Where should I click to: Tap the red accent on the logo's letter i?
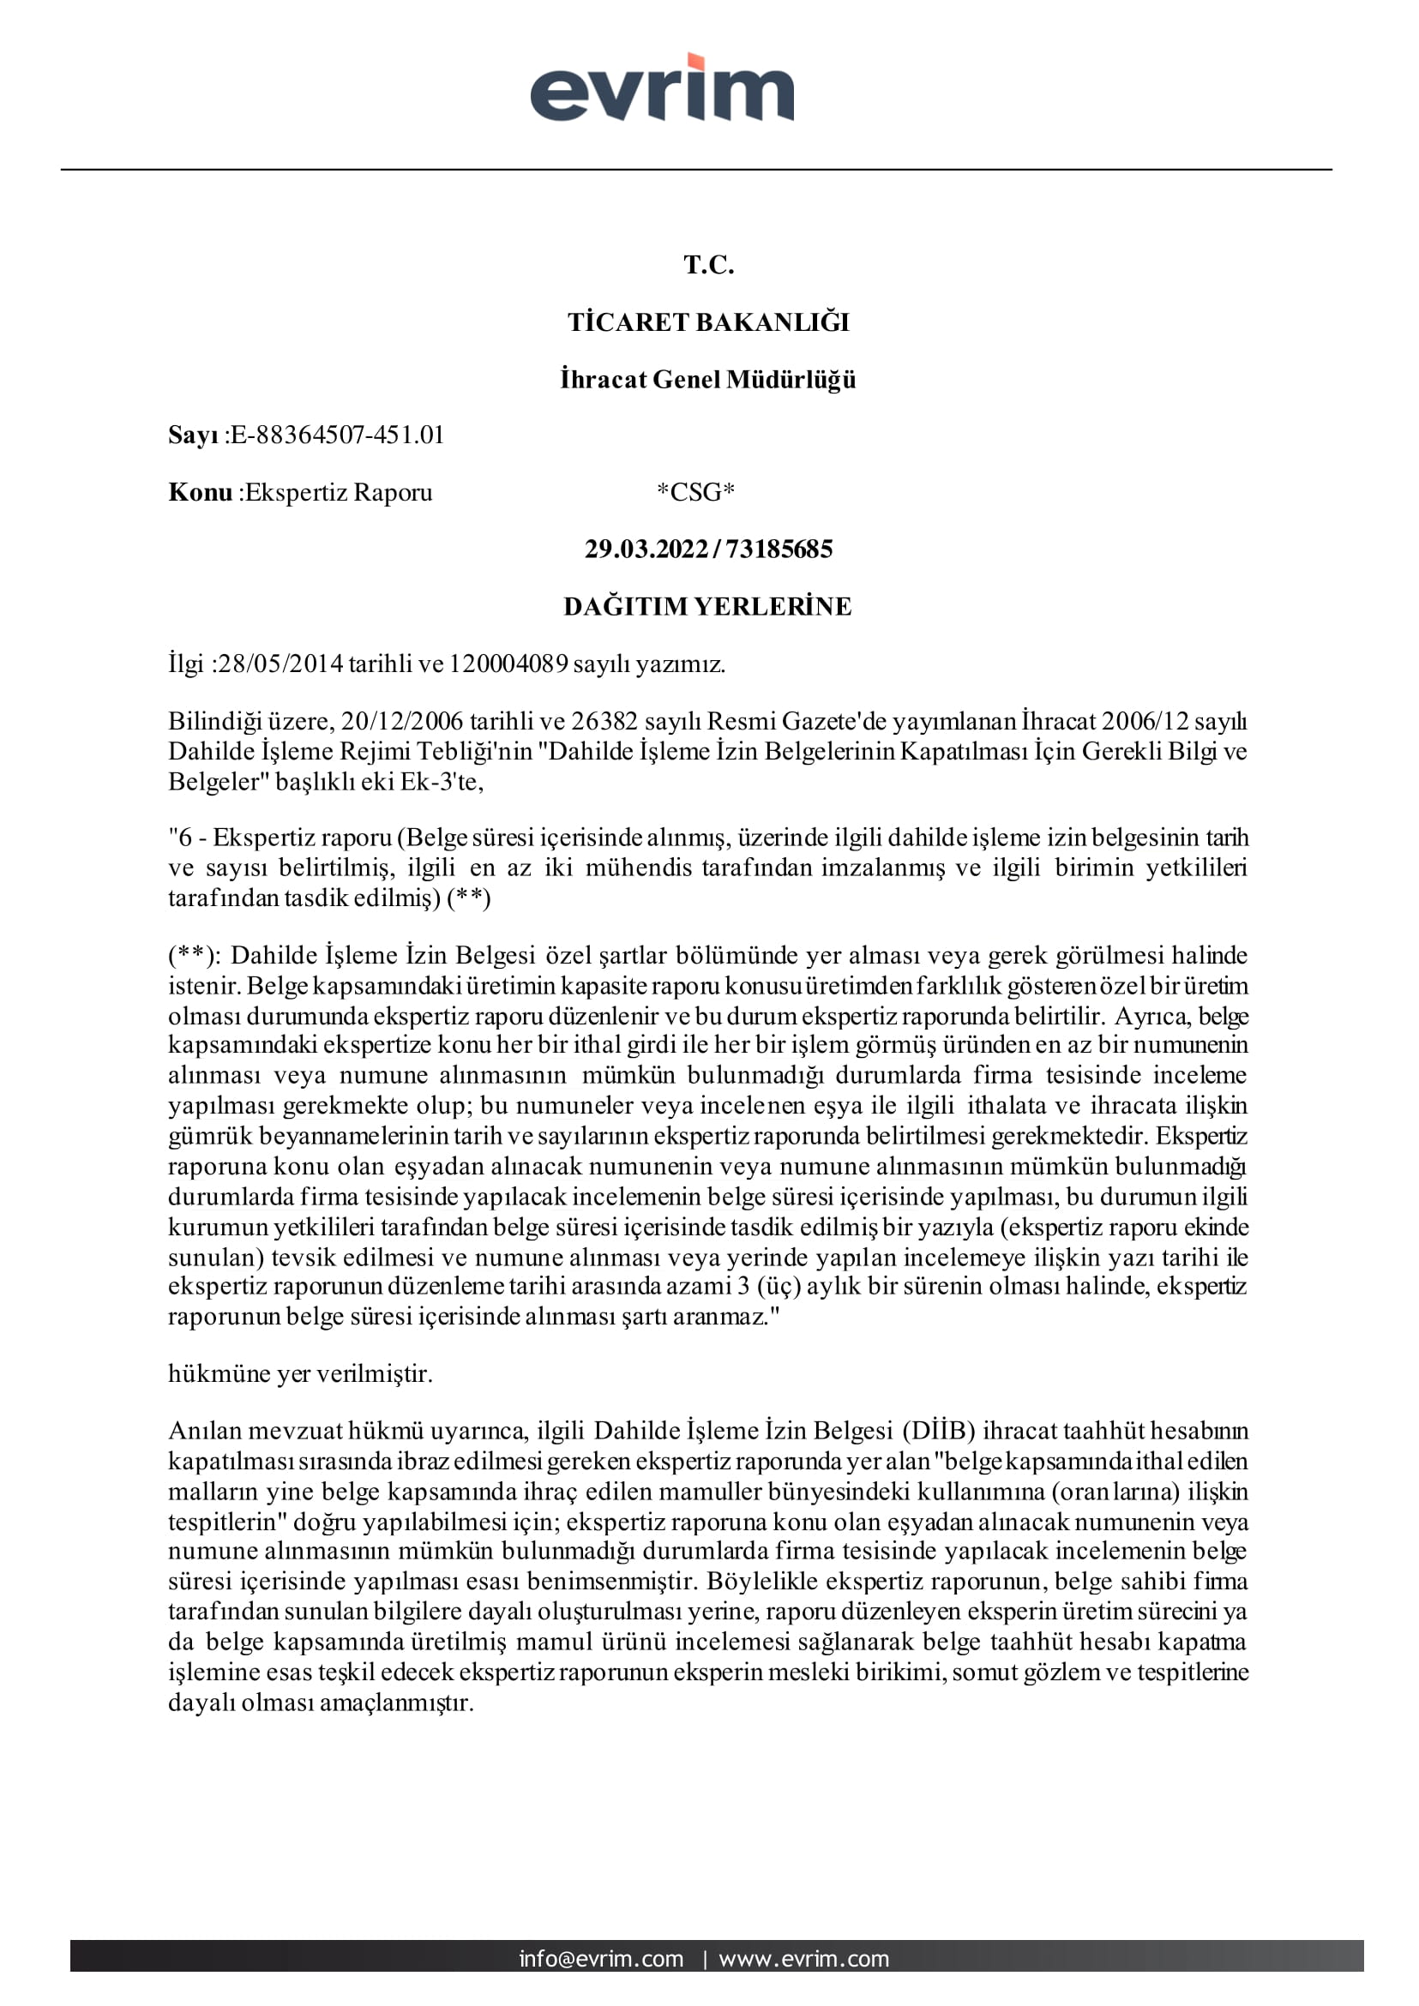coord(696,62)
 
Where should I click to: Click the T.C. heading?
coord(708,265)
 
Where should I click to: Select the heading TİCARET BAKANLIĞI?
coord(708,322)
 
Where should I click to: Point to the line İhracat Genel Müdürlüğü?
coord(708,380)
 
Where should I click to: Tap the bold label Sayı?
coord(193,435)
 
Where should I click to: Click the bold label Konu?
coord(200,493)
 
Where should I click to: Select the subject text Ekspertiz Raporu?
coord(339,493)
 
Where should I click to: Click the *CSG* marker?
coord(695,493)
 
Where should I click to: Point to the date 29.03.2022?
coord(646,550)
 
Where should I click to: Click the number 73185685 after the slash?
coord(779,550)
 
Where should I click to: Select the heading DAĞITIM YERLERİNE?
coord(707,606)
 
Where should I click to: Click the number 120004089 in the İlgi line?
coord(508,664)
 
